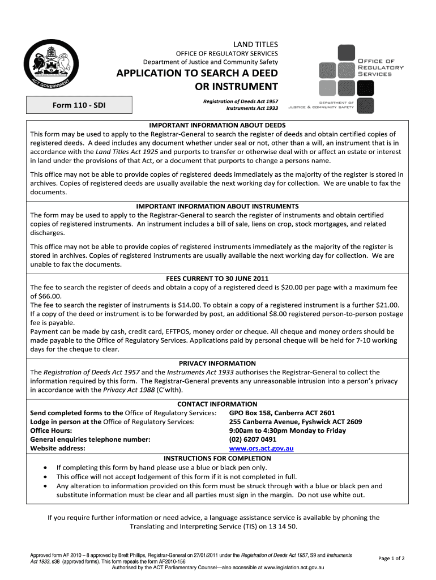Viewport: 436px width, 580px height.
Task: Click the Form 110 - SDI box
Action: tap(79, 104)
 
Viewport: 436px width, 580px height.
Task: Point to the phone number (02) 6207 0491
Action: tap(253, 439)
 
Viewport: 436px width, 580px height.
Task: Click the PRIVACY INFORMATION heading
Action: tap(217, 363)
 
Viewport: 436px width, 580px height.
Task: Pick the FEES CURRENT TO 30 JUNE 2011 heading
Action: tap(217, 279)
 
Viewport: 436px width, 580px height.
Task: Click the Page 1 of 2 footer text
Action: tap(391, 558)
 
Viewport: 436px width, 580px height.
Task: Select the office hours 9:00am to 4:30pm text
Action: tap(287, 430)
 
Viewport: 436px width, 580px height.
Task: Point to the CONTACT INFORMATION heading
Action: tap(217, 404)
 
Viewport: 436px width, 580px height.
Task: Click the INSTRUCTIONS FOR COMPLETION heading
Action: tap(217, 458)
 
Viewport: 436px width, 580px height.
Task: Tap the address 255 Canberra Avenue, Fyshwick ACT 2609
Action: tap(296, 421)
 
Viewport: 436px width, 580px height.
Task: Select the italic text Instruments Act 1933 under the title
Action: tap(252, 108)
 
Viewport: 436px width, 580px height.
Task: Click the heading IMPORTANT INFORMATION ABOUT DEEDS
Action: tap(217, 125)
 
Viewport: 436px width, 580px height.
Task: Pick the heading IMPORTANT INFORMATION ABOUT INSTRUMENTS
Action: tap(217, 206)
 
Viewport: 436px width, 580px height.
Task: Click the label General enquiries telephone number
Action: tap(90, 439)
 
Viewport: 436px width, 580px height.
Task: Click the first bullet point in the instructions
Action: tap(45, 468)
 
